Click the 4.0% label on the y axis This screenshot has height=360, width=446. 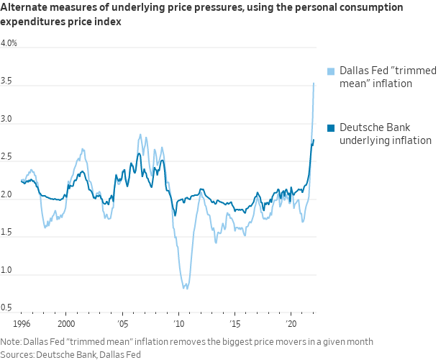coord(9,43)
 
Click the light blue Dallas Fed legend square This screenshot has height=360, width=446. coord(331,71)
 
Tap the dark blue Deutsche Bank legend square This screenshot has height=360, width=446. coord(331,127)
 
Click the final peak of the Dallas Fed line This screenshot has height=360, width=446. coord(314,83)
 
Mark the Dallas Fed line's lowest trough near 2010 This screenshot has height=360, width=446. coord(186,288)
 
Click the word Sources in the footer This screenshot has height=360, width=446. coord(18,354)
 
